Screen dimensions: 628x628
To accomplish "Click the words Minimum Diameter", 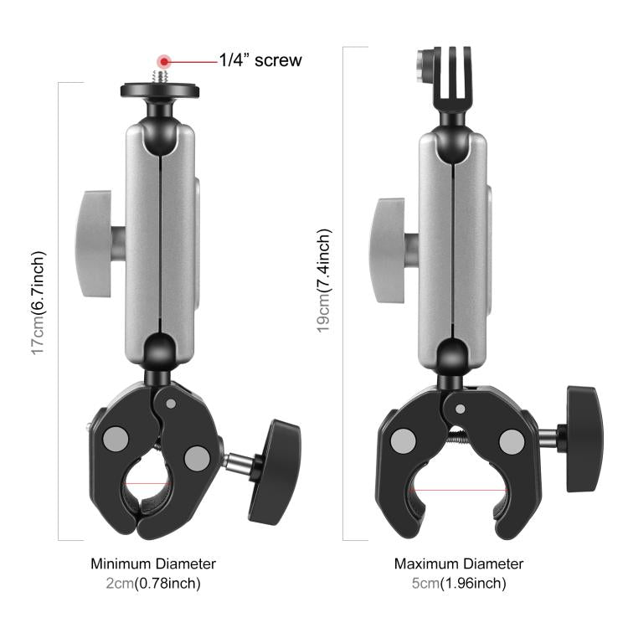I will pos(153,564).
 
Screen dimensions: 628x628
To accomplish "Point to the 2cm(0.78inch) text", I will pos(153,583).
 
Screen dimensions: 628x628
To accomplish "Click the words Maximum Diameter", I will pos(459,564).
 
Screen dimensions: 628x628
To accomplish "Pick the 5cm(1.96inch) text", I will pos(459,583).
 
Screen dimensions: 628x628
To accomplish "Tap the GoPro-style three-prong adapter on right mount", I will pos(452,84).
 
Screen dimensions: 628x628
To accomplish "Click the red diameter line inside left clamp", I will pos(147,483).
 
